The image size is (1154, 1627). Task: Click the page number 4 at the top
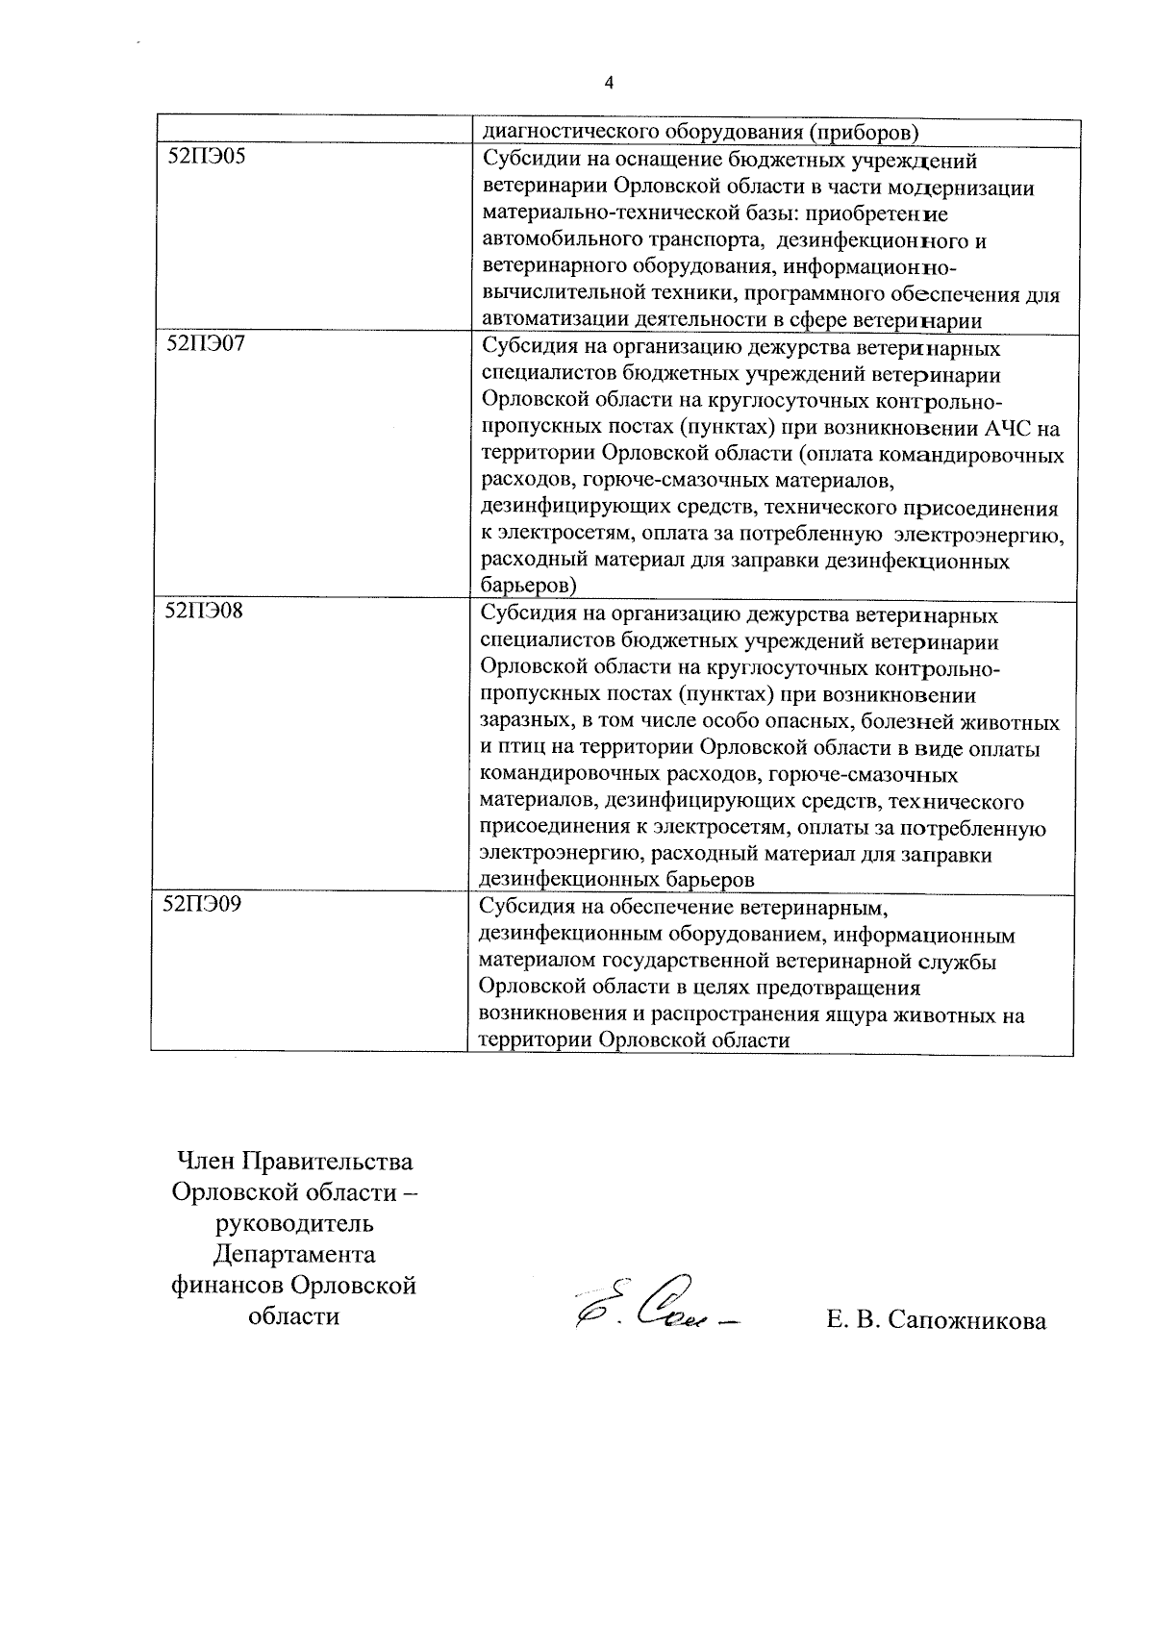point(607,84)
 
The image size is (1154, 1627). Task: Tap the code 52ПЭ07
point(206,343)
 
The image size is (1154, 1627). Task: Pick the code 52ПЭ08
point(206,611)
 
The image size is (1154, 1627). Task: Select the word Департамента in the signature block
point(293,1254)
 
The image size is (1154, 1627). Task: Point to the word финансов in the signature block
point(228,1285)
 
